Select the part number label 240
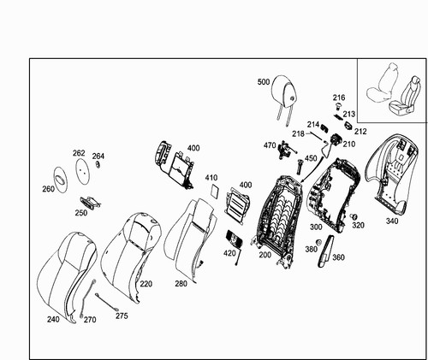(53, 320)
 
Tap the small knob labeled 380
(319, 242)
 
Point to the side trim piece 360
(326, 251)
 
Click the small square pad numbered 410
(215, 191)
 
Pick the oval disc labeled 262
(82, 170)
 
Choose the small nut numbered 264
(98, 164)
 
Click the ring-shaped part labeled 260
(61, 180)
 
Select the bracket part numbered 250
(90, 203)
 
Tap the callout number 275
(122, 316)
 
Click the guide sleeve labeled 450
(300, 167)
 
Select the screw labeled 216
(338, 107)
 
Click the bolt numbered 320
(354, 216)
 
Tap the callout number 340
(392, 221)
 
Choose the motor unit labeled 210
(336, 140)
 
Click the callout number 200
(265, 255)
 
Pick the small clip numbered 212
(348, 126)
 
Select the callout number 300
(316, 227)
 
